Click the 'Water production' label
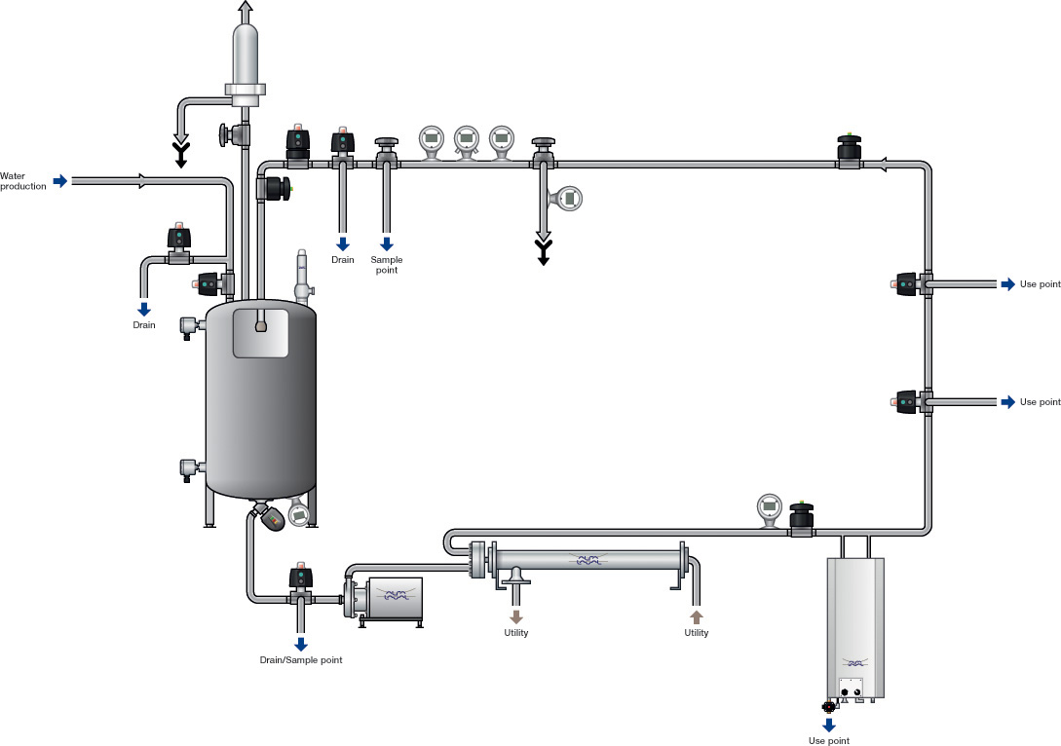coord(23,181)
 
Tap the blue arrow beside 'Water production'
coord(61,180)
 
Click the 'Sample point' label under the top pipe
coord(387,265)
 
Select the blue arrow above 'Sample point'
coord(387,243)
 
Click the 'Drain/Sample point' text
coord(301,660)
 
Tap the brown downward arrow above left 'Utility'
coord(516,616)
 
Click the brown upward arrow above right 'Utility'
coord(697,616)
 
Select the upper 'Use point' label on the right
coord(1040,284)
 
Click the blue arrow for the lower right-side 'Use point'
coord(1008,402)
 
